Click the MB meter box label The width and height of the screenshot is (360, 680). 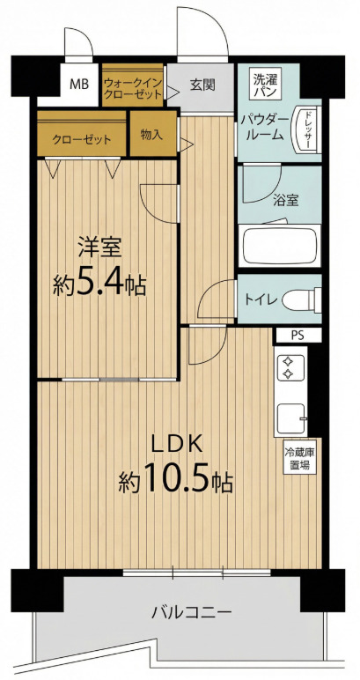79,84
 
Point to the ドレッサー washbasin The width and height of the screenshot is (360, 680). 306,129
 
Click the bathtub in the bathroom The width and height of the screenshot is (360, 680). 279,246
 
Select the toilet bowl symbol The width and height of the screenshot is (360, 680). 302,299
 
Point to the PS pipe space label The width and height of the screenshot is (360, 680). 298,336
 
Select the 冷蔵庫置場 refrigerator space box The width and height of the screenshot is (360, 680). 299,459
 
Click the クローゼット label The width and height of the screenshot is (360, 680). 82,140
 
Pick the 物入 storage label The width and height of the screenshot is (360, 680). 152,135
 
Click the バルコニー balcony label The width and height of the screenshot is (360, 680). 191,613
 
